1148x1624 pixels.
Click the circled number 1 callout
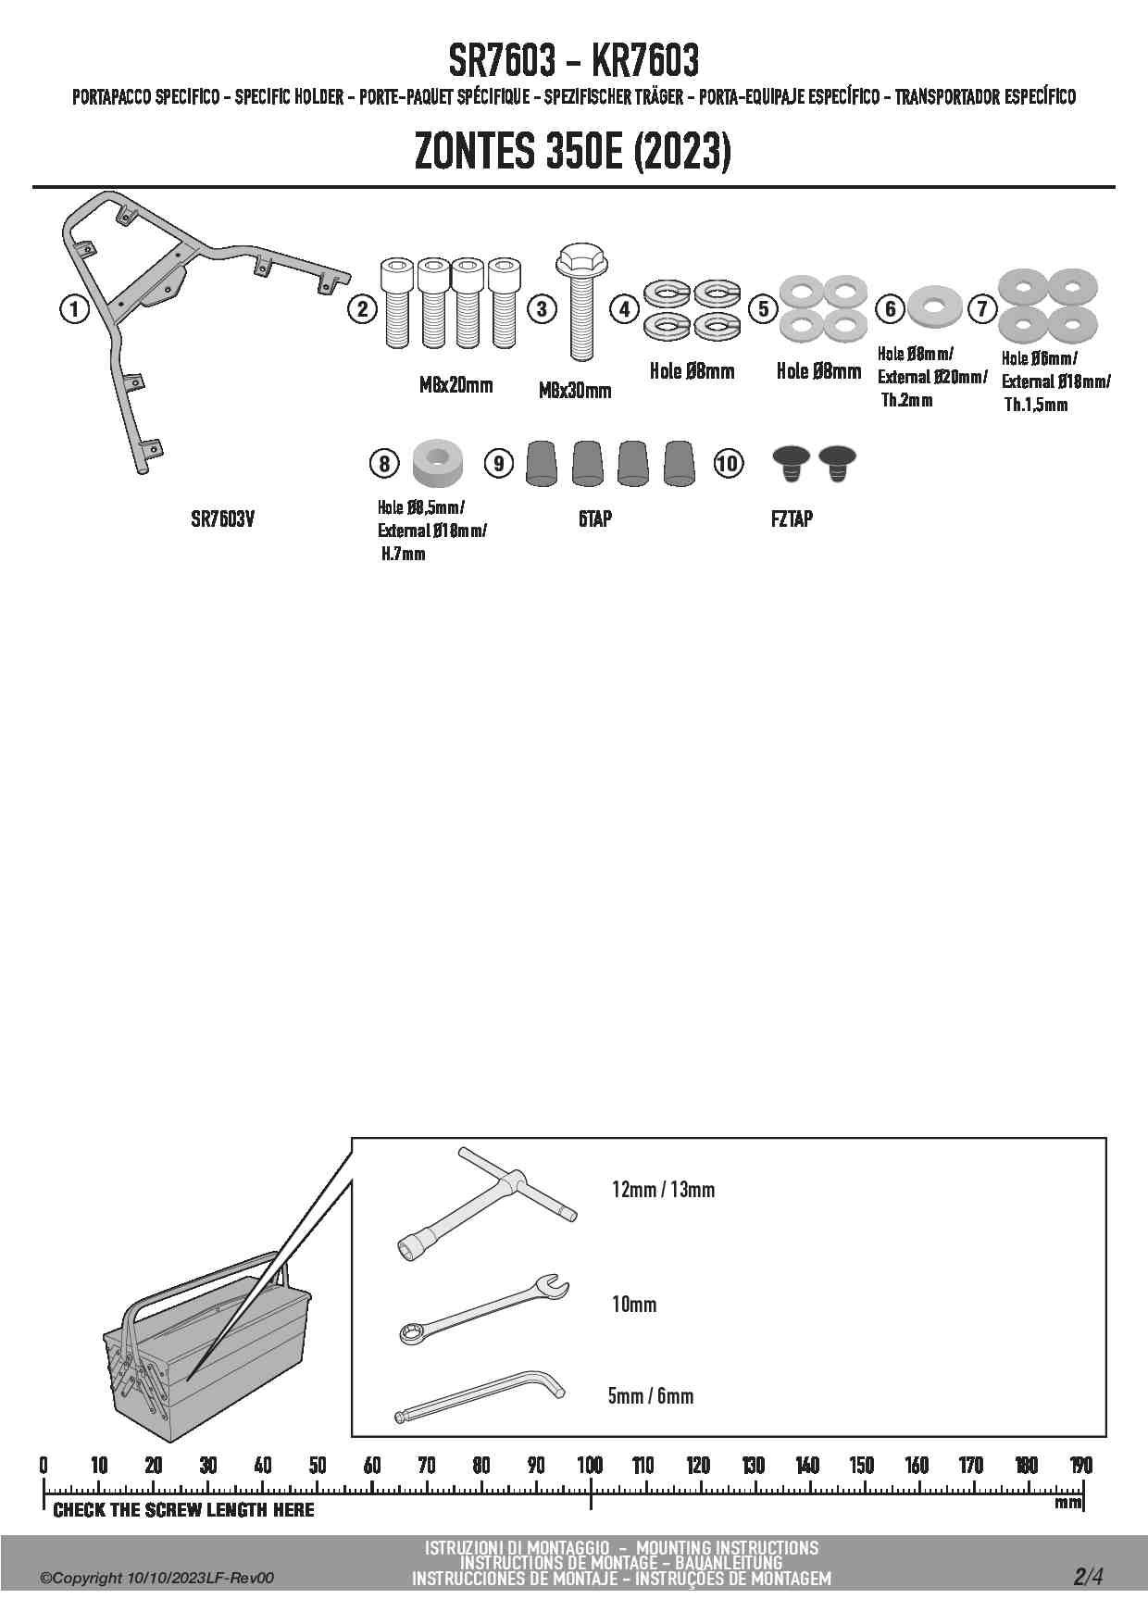[74, 308]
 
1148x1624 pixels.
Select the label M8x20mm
[455, 385]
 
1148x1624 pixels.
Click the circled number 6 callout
[891, 308]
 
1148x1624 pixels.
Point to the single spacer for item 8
[439, 461]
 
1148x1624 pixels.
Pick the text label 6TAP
[594, 519]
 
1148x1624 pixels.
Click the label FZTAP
[792, 519]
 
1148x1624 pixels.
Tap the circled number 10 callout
[728, 463]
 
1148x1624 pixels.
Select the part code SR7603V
[222, 519]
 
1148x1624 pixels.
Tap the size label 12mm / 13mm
[663, 1190]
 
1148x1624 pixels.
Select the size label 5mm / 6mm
[650, 1395]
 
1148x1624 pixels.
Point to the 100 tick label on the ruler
[590, 1466]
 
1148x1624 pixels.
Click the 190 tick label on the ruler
[1080, 1466]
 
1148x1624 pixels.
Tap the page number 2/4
[1088, 1577]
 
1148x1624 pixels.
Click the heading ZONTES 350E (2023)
[573, 153]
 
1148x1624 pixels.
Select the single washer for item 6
[933, 306]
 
